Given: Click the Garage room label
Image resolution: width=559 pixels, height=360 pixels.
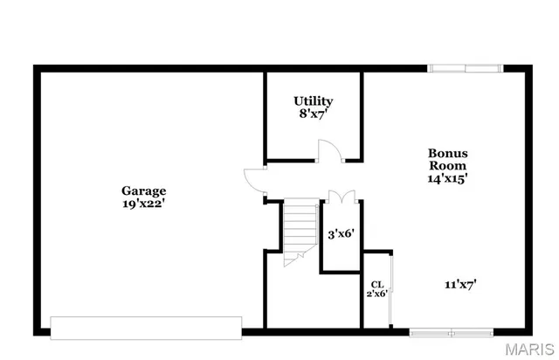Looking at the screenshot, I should tap(143, 190).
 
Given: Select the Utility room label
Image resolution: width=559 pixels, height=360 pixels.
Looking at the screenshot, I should tap(313, 101).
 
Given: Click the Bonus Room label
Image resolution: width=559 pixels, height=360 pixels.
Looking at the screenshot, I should tap(446, 158).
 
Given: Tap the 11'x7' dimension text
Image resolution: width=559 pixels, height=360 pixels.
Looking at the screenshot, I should tap(460, 283).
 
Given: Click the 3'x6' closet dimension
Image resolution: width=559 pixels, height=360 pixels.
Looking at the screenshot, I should tap(340, 234).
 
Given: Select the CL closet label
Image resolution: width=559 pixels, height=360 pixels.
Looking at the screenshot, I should tap(377, 284).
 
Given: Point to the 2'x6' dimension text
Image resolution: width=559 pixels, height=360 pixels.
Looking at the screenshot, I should tap(377, 294).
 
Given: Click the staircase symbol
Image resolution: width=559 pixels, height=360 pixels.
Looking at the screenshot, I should tap(299, 225).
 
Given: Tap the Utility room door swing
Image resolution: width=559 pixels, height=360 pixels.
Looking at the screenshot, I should tap(328, 151).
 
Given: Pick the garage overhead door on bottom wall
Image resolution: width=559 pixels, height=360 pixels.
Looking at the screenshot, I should tap(145, 328).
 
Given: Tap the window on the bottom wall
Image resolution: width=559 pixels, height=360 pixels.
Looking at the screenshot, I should tap(452, 331).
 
